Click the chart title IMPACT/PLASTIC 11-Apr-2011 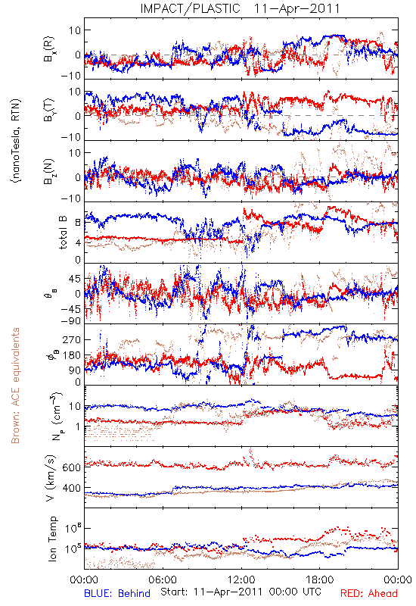point(240,8)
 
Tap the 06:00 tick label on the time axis point(163,579)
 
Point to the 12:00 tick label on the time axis point(241,579)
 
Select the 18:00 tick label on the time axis point(320,579)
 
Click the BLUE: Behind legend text point(117,593)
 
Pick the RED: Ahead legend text point(368,593)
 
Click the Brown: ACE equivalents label point(15,386)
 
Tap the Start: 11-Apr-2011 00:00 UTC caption point(241,592)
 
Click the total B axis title point(63,233)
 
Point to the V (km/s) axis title point(51,478)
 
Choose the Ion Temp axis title point(52,539)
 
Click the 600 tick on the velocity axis point(72,467)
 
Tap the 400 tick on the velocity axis point(72,488)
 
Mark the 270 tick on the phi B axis point(72,339)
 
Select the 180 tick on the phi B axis point(72,355)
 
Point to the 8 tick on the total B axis point(78,222)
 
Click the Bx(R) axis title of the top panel point(49,49)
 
